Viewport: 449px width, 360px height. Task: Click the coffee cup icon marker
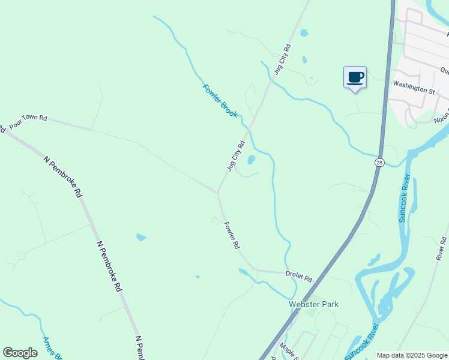(x=355, y=77)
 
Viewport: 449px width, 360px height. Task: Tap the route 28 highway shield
(x=379, y=163)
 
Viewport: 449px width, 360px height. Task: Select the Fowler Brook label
(x=220, y=100)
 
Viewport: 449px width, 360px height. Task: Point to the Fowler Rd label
(x=232, y=235)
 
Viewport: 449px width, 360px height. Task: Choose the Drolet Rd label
(x=299, y=278)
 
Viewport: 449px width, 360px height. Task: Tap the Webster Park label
(x=313, y=304)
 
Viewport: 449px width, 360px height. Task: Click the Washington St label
(x=413, y=90)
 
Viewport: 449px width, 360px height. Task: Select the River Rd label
(x=441, y=248)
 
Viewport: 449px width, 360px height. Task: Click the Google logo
(x=20, y=353)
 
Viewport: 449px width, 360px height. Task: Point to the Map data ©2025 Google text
(x=412, y=355)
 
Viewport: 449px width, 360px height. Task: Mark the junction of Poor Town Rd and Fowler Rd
(x=217, y=192)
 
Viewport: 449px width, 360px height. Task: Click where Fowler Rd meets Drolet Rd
(x=258, y=271)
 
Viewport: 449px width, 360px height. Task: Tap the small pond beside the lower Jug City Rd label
(x=251, y=160)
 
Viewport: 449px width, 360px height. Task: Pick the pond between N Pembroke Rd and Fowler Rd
(x=141, y=237)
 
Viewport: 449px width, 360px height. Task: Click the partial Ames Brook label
(x=52, y=347)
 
